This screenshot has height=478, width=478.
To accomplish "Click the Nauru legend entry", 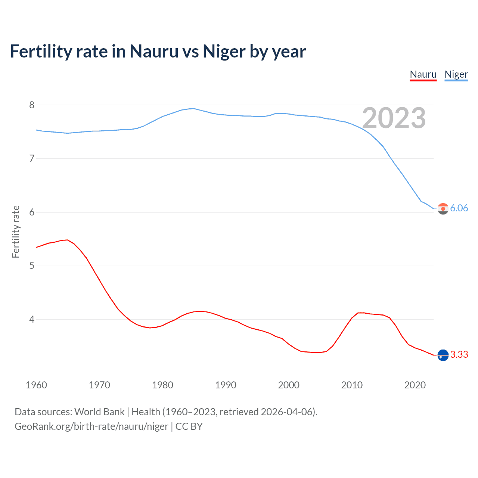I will (x=423, y=74).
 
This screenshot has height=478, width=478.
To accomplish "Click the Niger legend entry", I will (x=456, y=74).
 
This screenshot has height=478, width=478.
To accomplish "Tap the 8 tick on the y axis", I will (x=32, y=105).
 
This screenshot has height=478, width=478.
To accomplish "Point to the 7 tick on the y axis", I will (x=32, y=158).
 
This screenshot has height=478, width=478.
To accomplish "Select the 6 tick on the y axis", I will (x=32, y=212).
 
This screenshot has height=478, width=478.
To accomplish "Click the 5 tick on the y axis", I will (x=32, y=266).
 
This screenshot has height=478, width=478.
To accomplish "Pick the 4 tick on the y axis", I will (x=32, y=319).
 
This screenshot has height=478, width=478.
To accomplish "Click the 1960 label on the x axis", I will (x=36, y=385).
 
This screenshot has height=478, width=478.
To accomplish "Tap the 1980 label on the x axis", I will (x=162, y=385).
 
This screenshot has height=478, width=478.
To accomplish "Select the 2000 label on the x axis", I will (x=289, y=385).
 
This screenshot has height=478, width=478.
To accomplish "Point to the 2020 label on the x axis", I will (x=415, y=385).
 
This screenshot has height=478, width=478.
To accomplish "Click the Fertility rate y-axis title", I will (x=16, y=232).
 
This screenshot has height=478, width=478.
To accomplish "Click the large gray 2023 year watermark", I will (x=394, y=118).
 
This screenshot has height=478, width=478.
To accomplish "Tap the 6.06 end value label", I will (x=459, y=208).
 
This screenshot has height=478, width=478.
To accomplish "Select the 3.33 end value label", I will (x=459, y=354).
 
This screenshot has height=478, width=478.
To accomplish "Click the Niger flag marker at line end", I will (x=443, y=209).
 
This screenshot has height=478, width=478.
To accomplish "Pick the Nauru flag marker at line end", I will (x=443, y=355).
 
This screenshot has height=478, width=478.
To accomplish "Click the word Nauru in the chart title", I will (x=154, y=52).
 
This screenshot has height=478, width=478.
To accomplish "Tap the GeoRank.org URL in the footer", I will (x=91, y=426).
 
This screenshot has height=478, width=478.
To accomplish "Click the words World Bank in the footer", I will (x=99, y=412).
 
